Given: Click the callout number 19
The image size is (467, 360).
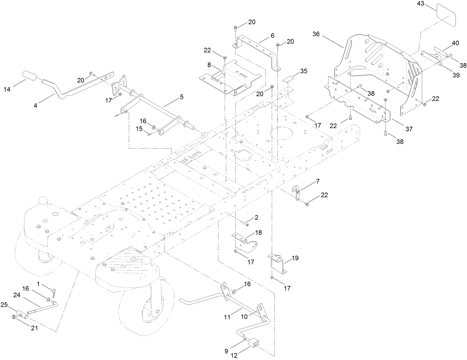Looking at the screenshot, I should [x=295, y=258].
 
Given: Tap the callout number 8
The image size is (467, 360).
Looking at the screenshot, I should [x=209, y=65].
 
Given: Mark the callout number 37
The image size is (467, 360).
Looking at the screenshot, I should [x=409, y=129].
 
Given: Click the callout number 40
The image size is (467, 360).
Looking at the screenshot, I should [x=455, y=43].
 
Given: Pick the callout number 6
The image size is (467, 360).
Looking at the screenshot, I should [x=272, y=35].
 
